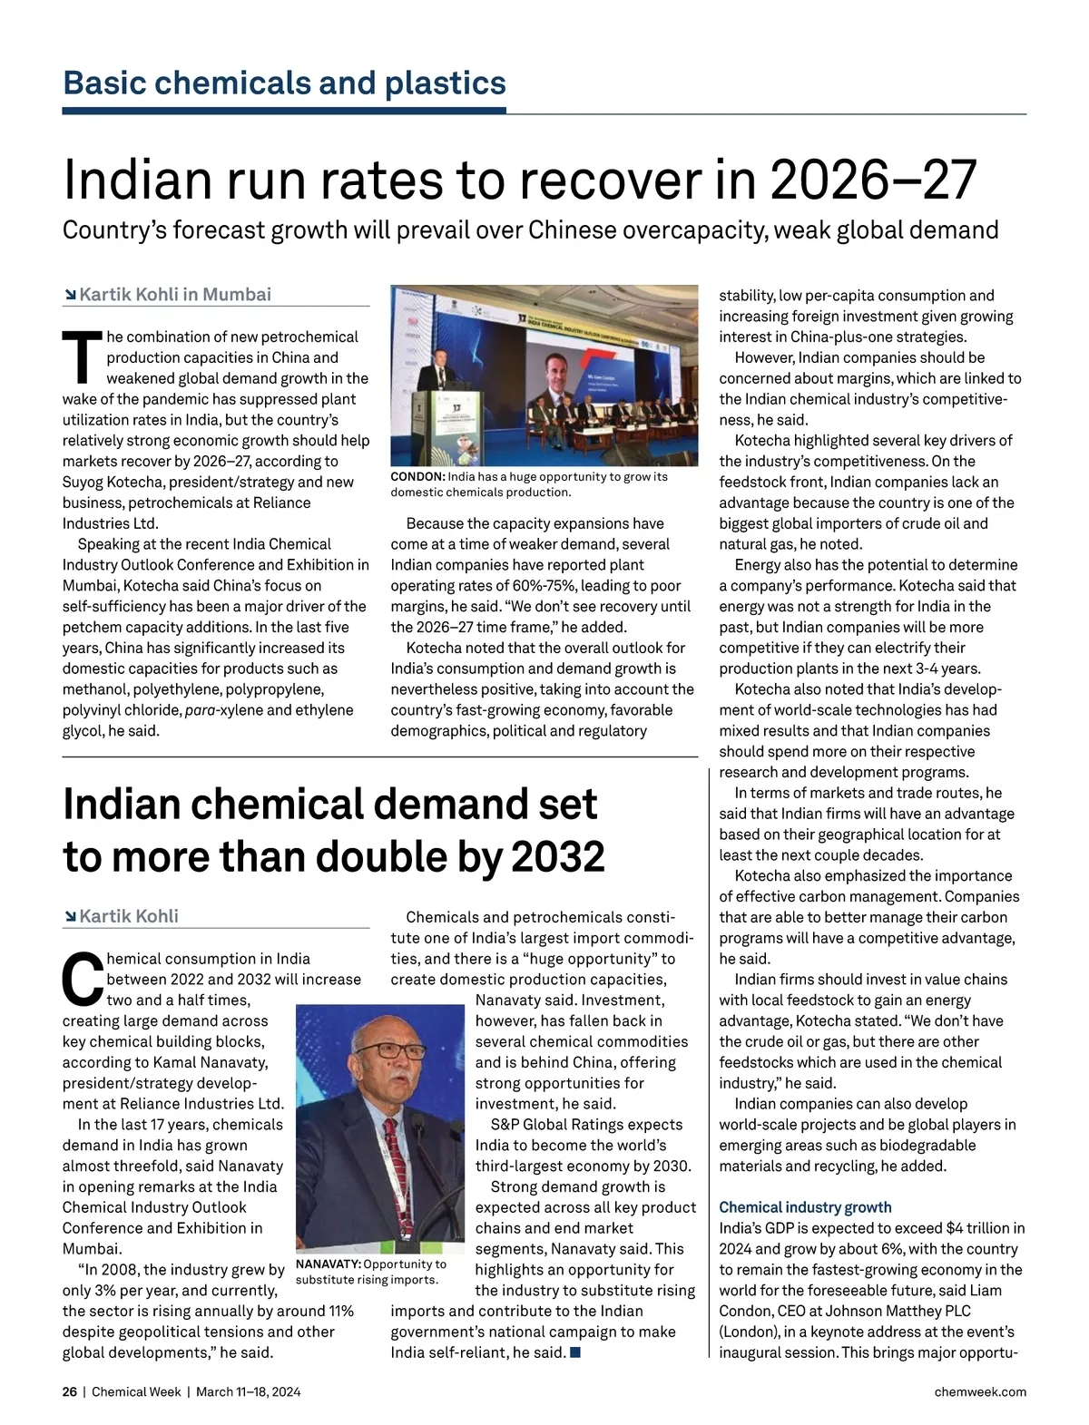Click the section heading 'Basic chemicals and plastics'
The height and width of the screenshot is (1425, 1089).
coord(284,83)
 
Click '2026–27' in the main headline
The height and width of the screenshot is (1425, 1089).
coord(873,180)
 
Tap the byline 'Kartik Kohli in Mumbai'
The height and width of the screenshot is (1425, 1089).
coord(175,295)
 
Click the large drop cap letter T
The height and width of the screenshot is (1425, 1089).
coord(82,357)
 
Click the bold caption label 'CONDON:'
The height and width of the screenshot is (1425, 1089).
coord(417,477)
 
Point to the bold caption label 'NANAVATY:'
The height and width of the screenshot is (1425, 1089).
coord(329,1264)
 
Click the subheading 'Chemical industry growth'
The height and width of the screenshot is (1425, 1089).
coord(805,1207)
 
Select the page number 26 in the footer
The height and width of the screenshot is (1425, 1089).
coord(70,1391)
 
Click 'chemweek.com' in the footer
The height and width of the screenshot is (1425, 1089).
coord(980,1391)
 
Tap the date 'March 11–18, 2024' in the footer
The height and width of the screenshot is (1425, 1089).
coord(248,1391)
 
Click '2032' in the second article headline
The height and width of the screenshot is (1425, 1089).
coord(558,857)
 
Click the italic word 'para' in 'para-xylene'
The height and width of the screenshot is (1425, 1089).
coord(202,710)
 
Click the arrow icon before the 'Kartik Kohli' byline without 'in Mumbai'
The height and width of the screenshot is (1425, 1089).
coord(70,917)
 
